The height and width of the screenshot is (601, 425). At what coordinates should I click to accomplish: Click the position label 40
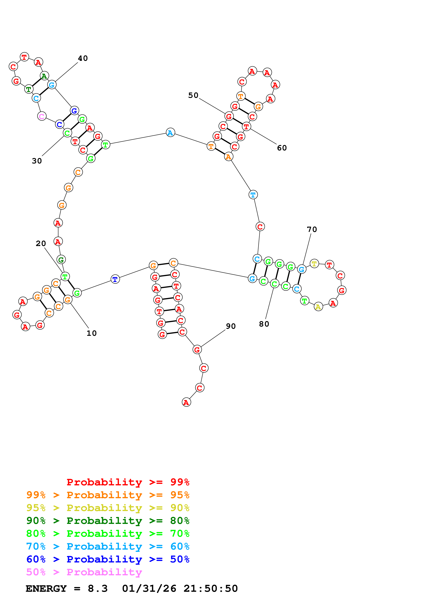83,58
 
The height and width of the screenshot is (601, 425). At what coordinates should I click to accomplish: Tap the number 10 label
92,333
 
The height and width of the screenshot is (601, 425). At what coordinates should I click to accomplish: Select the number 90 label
231,326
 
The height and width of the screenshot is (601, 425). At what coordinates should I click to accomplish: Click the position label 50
193,95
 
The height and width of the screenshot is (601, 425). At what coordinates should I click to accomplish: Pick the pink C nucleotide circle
42,116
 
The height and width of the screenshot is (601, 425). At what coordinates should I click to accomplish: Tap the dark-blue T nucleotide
115,279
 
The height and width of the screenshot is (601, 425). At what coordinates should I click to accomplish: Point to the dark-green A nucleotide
44,76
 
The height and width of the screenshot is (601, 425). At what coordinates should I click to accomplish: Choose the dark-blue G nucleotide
74,111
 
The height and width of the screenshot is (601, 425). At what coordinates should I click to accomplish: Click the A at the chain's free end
186,402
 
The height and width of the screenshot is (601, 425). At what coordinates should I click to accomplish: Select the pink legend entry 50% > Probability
84,572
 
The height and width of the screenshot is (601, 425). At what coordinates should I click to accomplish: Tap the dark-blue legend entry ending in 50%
108,559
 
